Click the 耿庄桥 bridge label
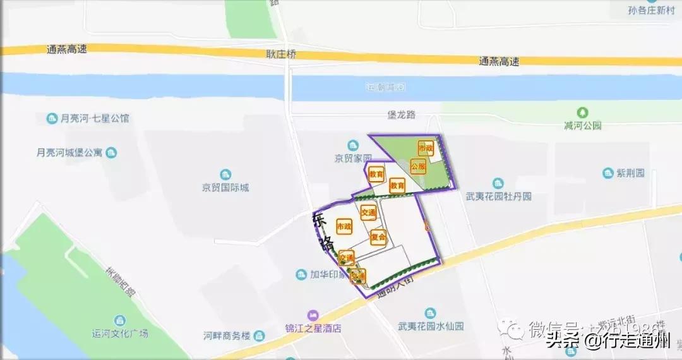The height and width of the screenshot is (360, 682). point(281,54)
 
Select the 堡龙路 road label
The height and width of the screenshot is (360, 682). point(402,115)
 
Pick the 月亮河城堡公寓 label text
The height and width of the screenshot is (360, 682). point(69,153)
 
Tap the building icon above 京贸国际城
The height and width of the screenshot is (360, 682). point(225,174)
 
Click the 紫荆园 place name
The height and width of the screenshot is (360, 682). point(631,172)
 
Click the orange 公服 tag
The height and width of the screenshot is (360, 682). point(418,167)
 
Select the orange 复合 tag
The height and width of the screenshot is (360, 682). point(378,237)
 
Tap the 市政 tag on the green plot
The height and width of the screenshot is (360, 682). point(426,148)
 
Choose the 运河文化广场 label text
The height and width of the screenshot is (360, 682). point(120,333)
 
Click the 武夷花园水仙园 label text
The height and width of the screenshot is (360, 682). point(431,327)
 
